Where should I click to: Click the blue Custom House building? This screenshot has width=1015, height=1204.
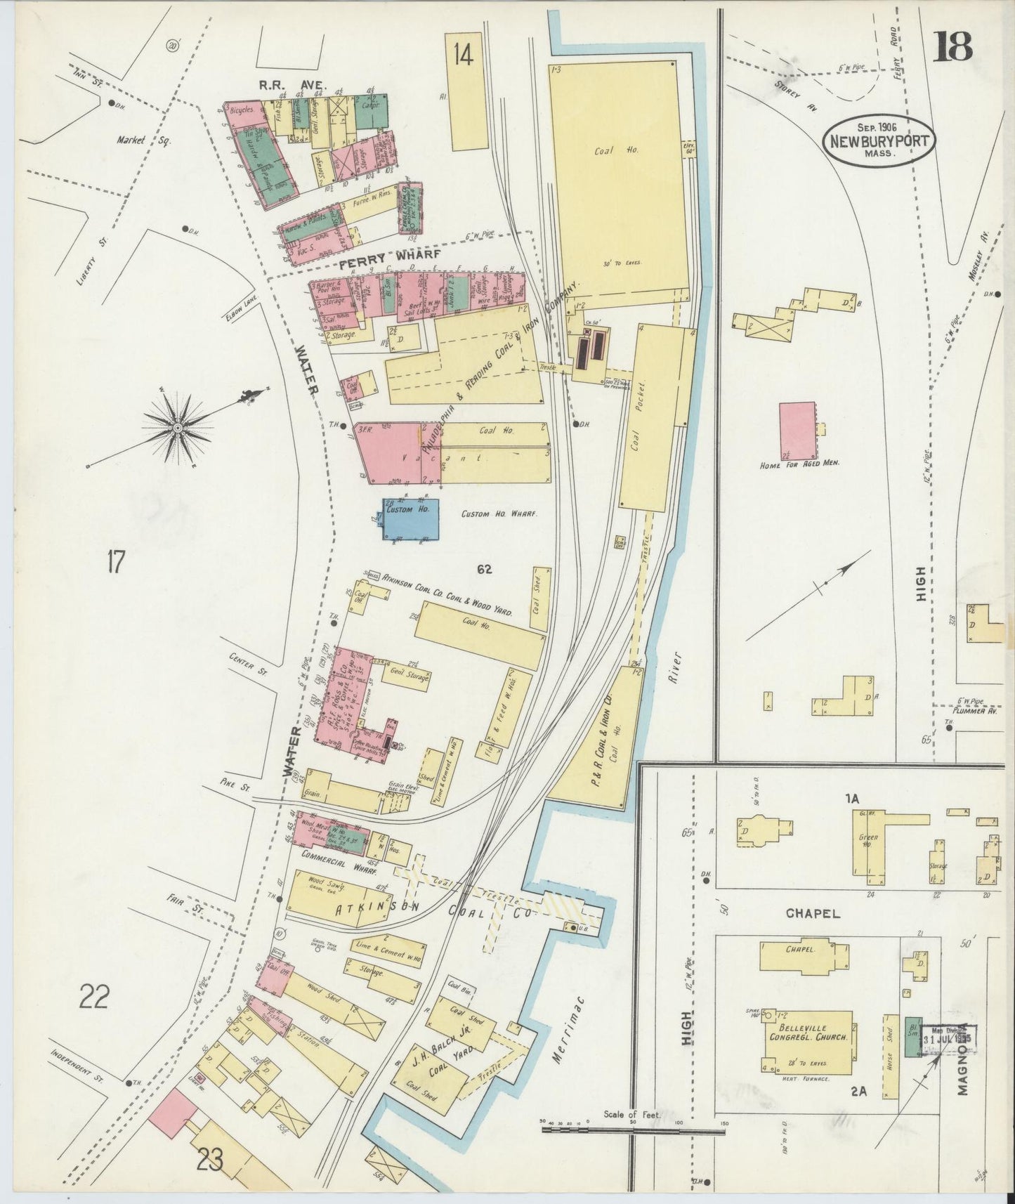411,520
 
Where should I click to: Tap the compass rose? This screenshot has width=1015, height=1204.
178,426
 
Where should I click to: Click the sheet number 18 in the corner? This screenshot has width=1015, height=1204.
953,47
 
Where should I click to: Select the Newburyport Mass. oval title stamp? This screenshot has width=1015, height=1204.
880,140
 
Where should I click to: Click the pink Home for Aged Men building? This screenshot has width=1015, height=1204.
797,431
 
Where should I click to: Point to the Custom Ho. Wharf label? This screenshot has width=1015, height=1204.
499,514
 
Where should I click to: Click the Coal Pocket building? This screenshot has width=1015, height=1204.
650,418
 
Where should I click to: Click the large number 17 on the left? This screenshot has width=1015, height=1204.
116,562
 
